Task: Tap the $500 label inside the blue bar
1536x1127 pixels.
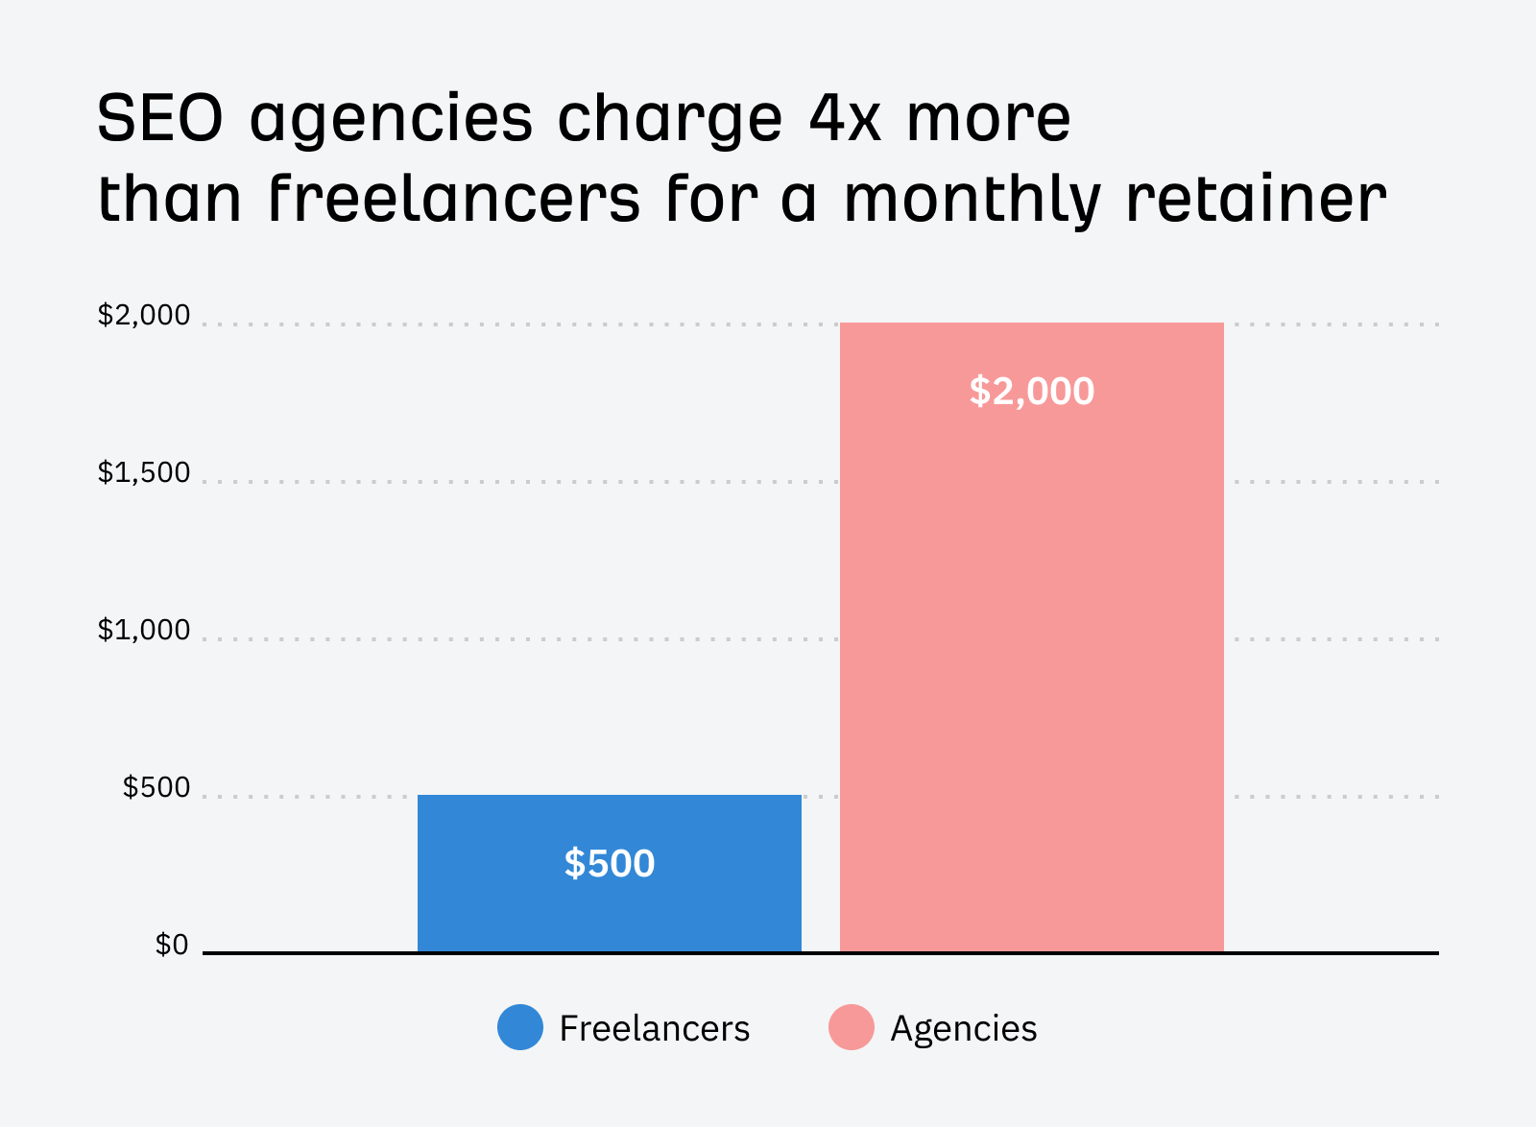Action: [610, 864]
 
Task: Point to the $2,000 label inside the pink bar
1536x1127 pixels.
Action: [1032, 392]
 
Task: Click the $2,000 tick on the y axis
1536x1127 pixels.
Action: [144, 316]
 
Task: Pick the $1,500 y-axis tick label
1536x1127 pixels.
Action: [144, 473]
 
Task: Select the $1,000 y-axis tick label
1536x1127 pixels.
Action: [144, 631]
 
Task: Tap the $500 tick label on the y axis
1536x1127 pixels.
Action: [156, 788]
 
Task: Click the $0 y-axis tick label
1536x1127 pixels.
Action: [172, 946]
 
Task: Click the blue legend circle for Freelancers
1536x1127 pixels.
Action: [520, 1027]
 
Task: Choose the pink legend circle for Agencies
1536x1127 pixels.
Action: [852, 1027]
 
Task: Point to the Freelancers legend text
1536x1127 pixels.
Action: [654, 1028]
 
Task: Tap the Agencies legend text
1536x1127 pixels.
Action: [964, 1028]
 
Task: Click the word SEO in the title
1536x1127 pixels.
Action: [159, 118]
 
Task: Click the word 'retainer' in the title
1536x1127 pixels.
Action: [1255, 199]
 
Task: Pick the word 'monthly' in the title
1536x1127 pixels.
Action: [972, 199]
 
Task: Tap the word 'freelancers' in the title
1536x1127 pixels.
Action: [453, 199]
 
